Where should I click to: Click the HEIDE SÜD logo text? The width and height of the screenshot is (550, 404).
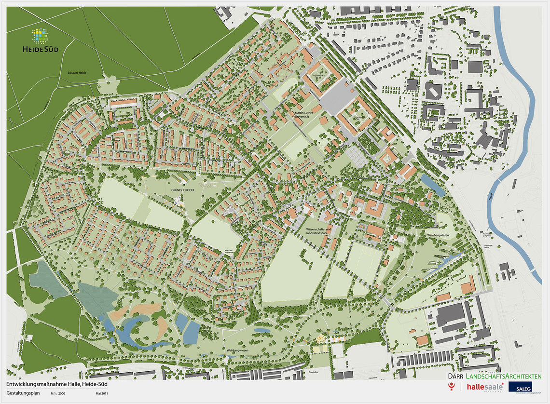tap(41, 49)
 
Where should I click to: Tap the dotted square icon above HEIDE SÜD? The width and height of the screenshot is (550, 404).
tap(40, 36)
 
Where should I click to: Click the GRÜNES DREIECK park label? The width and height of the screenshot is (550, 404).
tap(182, 189)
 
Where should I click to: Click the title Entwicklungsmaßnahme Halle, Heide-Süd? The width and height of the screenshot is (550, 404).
tap(57, 385)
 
